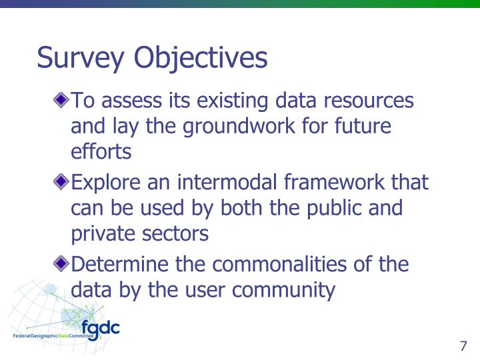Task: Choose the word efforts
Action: click(x=101, y=151)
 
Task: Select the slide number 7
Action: click(x=463, y=346)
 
